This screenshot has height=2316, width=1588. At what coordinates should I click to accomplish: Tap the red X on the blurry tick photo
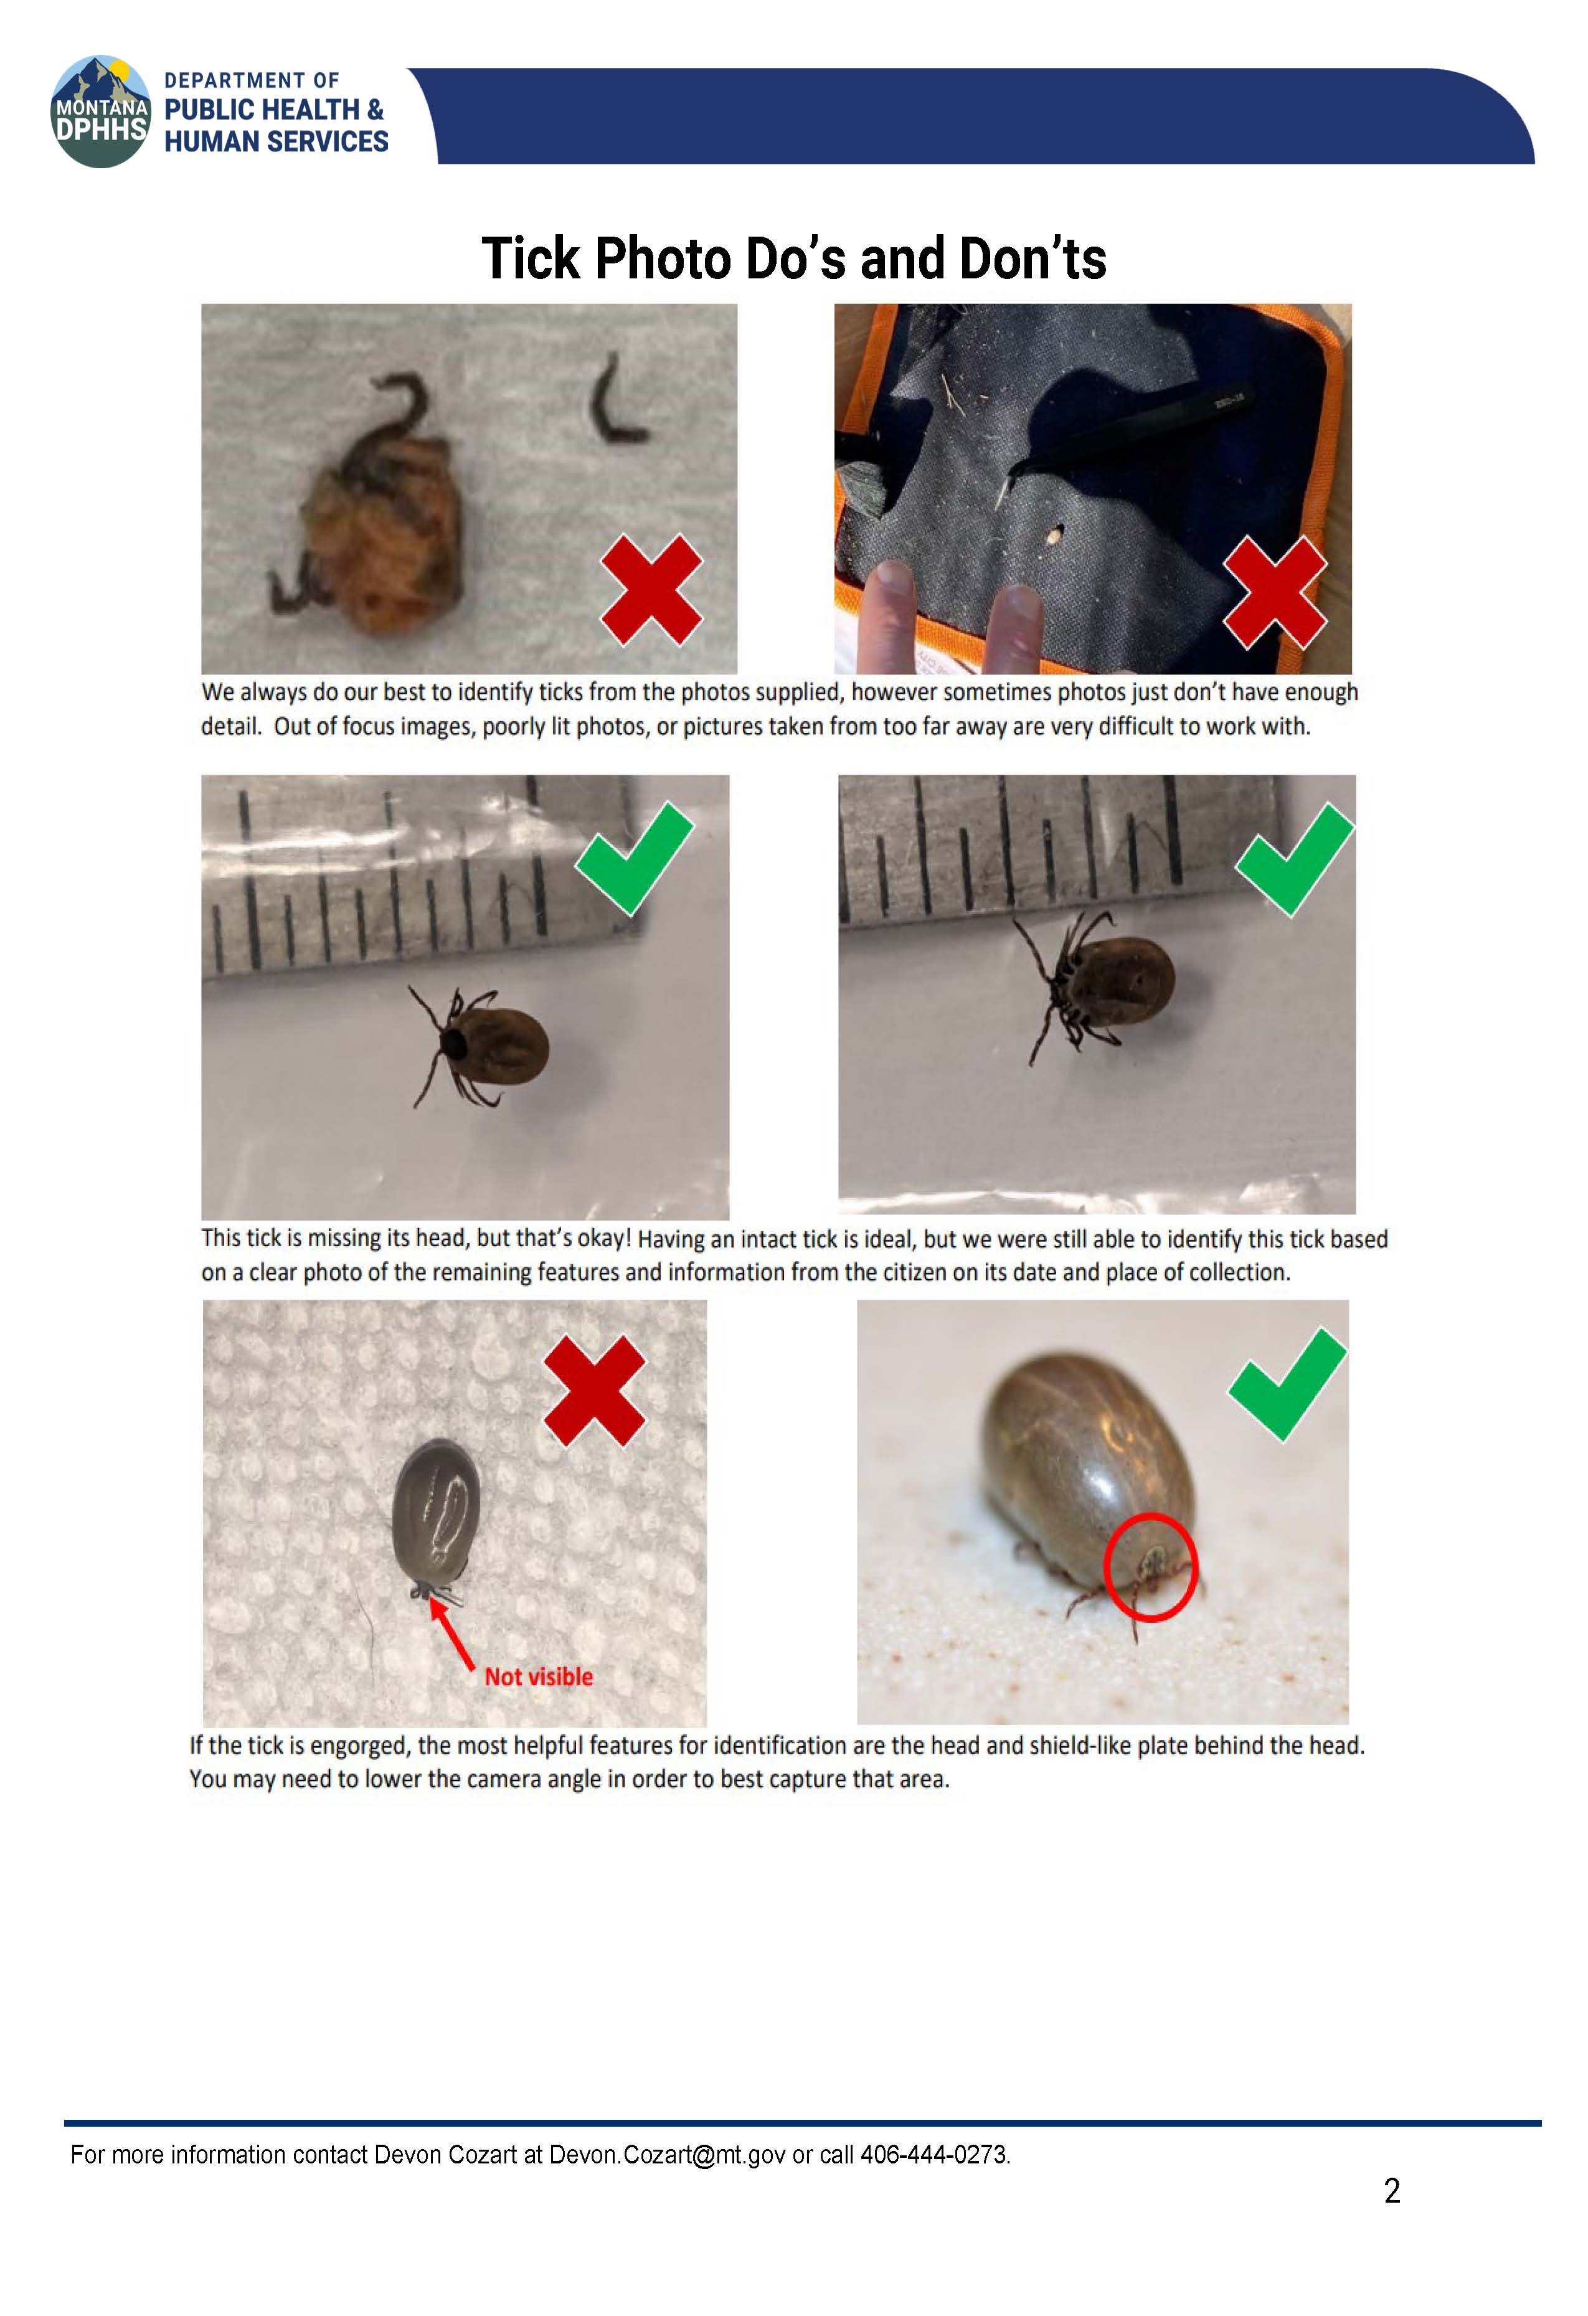(x=651, y=589)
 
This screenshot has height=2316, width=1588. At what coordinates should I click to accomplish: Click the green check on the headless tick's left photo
(x=634, y=858)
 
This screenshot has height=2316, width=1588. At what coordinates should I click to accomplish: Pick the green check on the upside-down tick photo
(x=1294, y=859)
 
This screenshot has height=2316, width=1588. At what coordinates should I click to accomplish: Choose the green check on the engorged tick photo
(x=1288, y=1384)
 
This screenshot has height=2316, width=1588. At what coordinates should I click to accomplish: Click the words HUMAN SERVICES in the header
(x=276, y=141)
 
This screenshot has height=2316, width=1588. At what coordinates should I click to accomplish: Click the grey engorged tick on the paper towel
(x=436, y=1514)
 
